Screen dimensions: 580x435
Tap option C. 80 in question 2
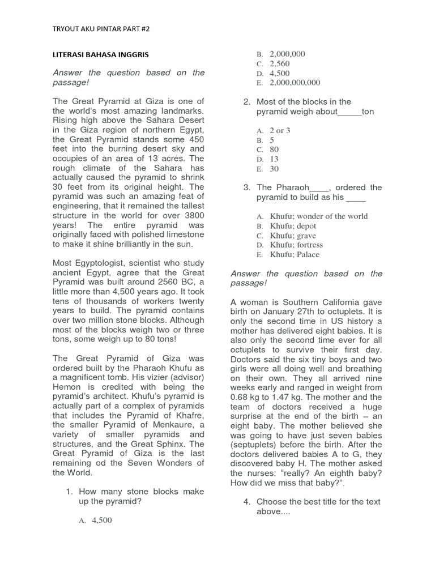pos(274,150)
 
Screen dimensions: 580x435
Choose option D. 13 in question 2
pos(274,159)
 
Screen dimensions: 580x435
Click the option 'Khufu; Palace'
pos(295,254)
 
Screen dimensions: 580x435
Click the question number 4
pos(247,501)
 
